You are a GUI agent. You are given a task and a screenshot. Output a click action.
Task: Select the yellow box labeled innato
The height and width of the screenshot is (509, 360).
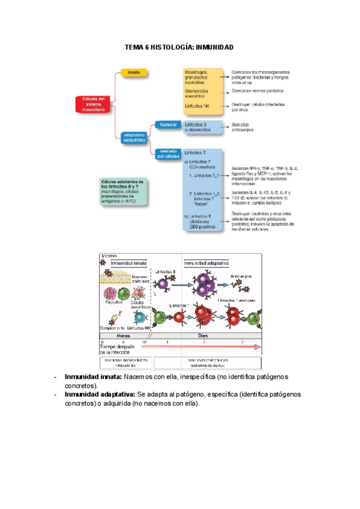[134, 72]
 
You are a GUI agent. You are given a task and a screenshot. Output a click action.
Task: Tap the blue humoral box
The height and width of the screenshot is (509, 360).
[167, 124]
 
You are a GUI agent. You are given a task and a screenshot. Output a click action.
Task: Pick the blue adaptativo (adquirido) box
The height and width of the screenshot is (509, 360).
[134, 138]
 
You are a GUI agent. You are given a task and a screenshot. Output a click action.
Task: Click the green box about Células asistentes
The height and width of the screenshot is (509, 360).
[124, 190]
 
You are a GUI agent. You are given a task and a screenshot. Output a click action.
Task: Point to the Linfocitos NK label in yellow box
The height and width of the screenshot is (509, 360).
[198, 106]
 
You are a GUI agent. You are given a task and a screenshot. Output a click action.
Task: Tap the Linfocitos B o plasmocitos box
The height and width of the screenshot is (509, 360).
[202, 127]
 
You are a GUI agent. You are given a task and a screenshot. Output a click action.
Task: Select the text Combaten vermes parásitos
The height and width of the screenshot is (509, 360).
[258, 91]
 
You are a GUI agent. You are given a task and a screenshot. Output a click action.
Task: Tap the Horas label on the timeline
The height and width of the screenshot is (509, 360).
[123, 336]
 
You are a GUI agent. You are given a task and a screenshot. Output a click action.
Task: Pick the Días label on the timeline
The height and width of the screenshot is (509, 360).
[203, 336]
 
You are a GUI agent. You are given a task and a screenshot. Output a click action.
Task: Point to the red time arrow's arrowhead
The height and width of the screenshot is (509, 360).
[258, 346]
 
